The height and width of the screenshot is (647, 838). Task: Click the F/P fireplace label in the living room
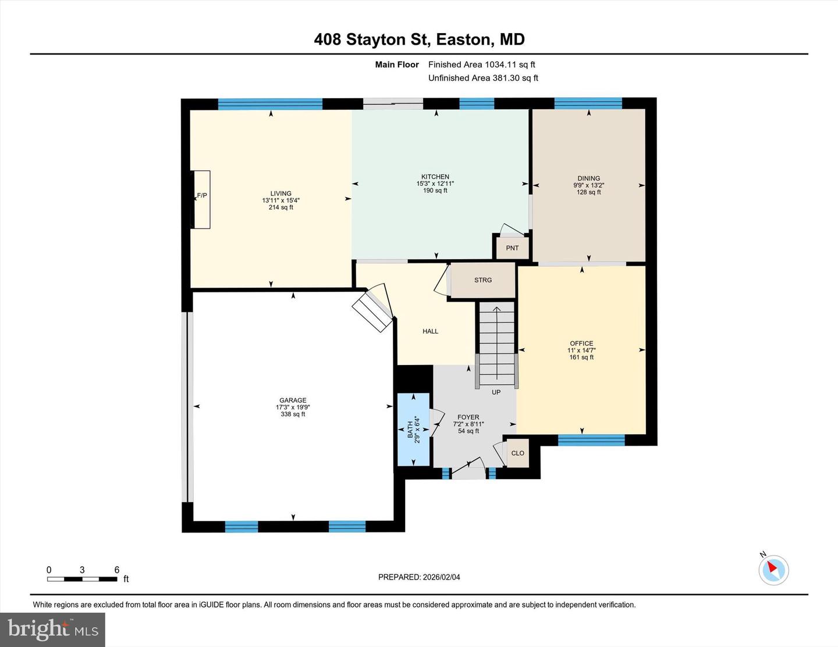coord(202,195)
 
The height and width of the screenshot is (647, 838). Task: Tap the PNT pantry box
coord(512,248)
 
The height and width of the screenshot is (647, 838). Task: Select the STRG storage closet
coord(483,280)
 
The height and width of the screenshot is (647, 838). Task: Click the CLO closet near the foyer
coord(517,453)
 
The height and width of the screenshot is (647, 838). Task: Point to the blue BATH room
coord(413,430)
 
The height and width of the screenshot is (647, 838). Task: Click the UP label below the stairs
coord(496,392)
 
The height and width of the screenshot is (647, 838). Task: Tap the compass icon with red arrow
coord(773,570)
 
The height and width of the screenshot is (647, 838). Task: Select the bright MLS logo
coord(52,630)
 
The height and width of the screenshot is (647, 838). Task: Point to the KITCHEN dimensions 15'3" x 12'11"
coord(435,184)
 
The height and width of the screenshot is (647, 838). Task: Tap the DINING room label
coord(588,178)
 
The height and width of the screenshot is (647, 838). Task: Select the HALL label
coord(430,331)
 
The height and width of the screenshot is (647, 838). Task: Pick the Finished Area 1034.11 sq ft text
coord(481,65)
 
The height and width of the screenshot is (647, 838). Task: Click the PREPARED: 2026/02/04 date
coord(419,577)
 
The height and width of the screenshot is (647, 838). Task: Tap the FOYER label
coord(468,417)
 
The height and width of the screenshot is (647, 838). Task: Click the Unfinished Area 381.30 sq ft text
coord(483,78)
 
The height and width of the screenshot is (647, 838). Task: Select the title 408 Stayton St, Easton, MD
coord(419,39)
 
